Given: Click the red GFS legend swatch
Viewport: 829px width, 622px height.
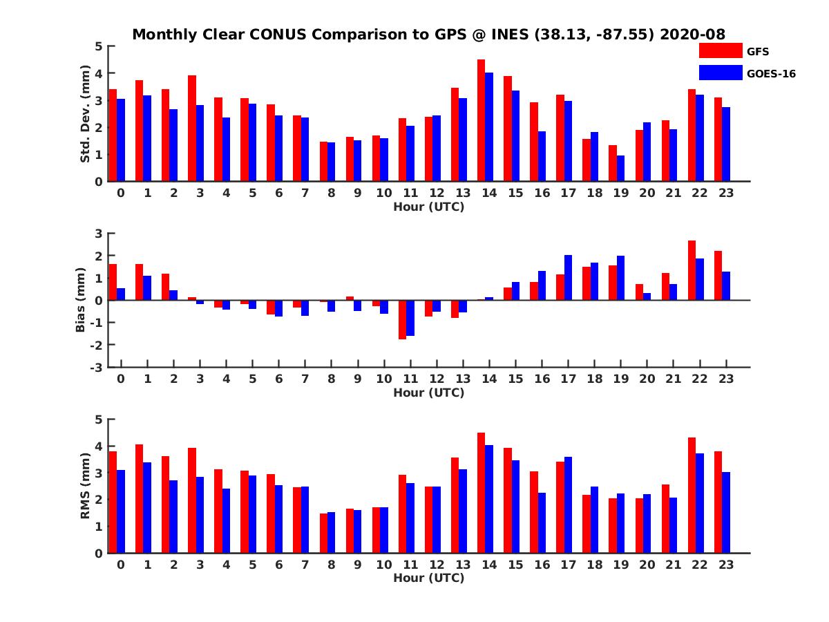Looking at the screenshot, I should click(720, 51).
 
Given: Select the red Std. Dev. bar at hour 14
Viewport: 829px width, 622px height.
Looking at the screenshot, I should click(481, 121).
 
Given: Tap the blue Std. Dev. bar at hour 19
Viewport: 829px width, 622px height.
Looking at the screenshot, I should click(620, 169).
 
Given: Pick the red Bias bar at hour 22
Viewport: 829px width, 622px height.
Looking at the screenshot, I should click(692, 270).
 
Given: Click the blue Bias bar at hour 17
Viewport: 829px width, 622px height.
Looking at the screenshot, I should click(568, 278).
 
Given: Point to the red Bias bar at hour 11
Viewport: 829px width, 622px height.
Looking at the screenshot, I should click(402, 319).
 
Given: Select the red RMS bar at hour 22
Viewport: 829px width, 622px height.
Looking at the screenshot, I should click(692, 495).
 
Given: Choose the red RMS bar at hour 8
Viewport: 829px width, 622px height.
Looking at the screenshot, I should click(323, 533).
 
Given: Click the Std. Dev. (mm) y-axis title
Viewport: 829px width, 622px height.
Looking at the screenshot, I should click(85, 114).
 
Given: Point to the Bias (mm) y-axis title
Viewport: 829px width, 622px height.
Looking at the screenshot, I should click(80, 300).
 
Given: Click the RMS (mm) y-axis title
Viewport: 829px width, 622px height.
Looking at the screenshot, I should click(85, 486).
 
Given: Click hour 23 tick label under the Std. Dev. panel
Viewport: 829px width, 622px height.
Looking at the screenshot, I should click(725, 193).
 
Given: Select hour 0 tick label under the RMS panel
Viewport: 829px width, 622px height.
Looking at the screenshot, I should click(121, 565).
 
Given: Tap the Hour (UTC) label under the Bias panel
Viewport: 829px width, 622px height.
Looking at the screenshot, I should click(428, 393).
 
